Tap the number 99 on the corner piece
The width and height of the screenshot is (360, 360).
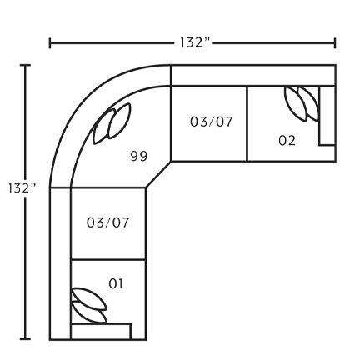139,156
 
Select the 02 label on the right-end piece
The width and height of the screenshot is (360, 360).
287,140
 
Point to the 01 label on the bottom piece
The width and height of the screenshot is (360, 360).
116,283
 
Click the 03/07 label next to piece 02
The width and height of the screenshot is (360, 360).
212,122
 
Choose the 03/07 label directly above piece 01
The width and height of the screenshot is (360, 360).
107,222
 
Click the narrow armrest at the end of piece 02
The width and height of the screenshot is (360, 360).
327,116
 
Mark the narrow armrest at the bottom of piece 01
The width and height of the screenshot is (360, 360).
101,331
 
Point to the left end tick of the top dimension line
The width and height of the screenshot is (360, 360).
50,42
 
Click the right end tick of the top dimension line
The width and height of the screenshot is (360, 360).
336,42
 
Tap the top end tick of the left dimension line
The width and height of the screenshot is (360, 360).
27,65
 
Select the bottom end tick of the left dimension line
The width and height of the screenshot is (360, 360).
27,339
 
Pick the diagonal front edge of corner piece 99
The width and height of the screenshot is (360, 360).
157,174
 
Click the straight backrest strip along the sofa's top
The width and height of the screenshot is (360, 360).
250,75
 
